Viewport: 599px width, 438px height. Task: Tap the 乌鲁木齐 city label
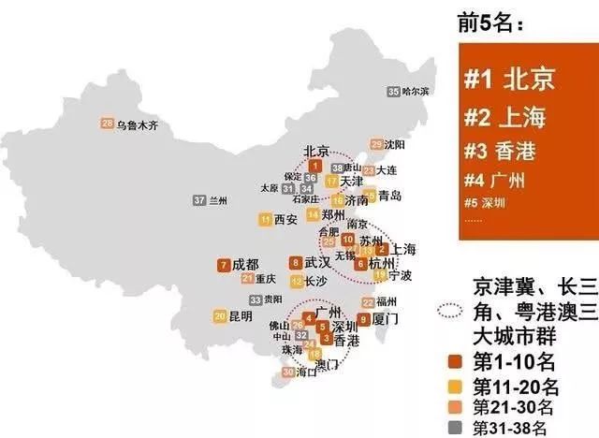coord(141,124)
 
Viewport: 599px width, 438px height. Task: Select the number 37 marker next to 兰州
coord(198,200)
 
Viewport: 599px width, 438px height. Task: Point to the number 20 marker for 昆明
coord(219,316)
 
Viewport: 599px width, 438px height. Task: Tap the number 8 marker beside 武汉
coord(296,264)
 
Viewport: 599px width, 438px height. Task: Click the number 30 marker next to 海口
coord(286,373)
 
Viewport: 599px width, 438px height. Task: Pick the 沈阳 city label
coord(395,145)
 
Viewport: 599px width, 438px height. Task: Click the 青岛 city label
coord(390,196)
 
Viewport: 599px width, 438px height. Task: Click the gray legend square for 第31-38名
coord(456,426)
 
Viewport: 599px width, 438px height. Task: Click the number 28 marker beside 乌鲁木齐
coord(107,123)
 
